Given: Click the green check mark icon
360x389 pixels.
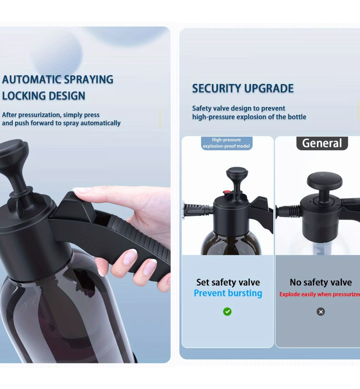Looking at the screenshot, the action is click(x=227, y=311).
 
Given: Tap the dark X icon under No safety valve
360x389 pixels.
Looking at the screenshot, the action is click(x=320, y=312).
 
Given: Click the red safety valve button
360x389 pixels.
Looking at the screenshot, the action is click(x=227, y=192).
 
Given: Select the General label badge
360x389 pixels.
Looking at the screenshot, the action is click(x=322, y=143).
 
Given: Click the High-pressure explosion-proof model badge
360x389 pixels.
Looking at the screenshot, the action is click(x=226, y=143).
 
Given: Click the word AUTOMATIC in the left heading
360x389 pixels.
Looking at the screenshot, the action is click(x=31, y=80).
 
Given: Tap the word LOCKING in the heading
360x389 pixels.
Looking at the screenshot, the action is click(x=24, y=96).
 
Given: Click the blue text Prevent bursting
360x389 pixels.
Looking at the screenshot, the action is click(x=228, y=293).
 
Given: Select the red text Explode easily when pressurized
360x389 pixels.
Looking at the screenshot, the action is click(x=320, y=294).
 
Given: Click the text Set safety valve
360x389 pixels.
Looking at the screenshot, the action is click(x=228, y=282).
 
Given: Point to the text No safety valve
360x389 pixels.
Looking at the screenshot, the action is click(x=320, y=282).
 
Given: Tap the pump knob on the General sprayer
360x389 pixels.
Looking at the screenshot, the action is click(x=325, y=181).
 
